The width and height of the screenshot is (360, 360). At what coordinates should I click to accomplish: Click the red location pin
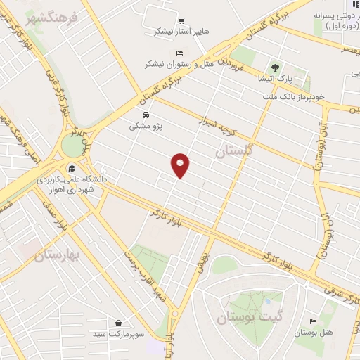[181, 165]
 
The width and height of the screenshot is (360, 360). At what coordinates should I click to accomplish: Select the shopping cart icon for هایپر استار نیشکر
[181, 21]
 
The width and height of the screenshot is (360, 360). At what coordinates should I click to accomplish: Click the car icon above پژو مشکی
[145, 115]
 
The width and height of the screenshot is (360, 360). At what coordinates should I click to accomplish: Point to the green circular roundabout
[72, 146]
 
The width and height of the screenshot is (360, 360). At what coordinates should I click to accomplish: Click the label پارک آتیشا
[275, 79]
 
